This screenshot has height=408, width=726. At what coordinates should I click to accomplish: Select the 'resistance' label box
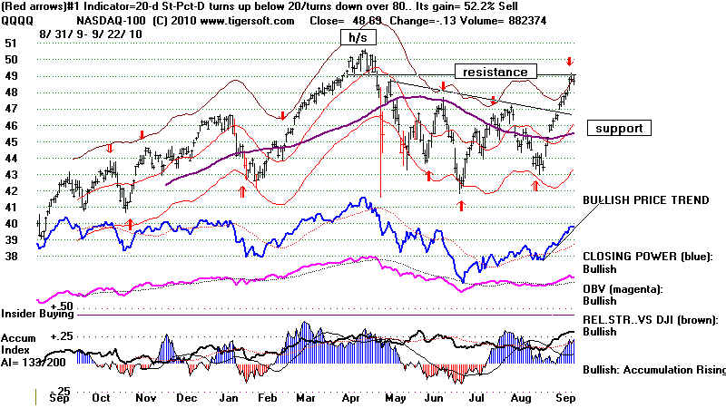click(491, 72)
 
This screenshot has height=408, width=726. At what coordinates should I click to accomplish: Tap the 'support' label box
click(620, 129)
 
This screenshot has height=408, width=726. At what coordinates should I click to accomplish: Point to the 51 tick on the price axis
click(11, 43)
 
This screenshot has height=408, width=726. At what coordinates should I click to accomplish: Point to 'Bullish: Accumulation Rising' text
click(653, 370)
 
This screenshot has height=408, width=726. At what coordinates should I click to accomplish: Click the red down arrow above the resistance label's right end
click(569, 61)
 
